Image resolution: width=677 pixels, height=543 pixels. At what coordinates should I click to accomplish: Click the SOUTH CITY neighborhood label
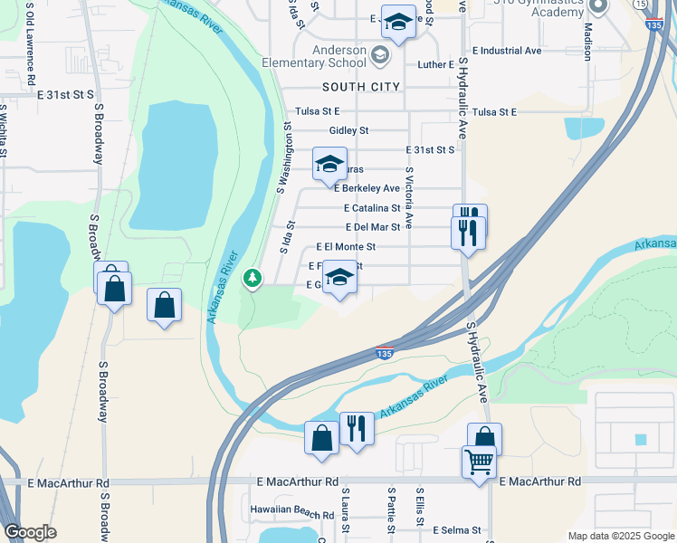(360, 86)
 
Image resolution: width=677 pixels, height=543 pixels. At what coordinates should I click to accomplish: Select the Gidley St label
(348, 130)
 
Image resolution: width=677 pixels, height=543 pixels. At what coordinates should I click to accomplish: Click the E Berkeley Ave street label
(367, 188)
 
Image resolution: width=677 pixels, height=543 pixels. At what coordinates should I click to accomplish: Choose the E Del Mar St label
(373, 227)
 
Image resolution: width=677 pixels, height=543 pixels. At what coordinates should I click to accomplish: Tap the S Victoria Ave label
(409, 196)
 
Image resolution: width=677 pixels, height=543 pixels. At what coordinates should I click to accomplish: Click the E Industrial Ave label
(507, 51)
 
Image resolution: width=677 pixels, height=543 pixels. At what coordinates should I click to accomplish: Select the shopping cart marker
(479, 462)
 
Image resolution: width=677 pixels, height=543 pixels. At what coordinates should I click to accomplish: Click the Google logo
(30, 532)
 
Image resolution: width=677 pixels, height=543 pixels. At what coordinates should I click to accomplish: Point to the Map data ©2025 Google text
(620, 536)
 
